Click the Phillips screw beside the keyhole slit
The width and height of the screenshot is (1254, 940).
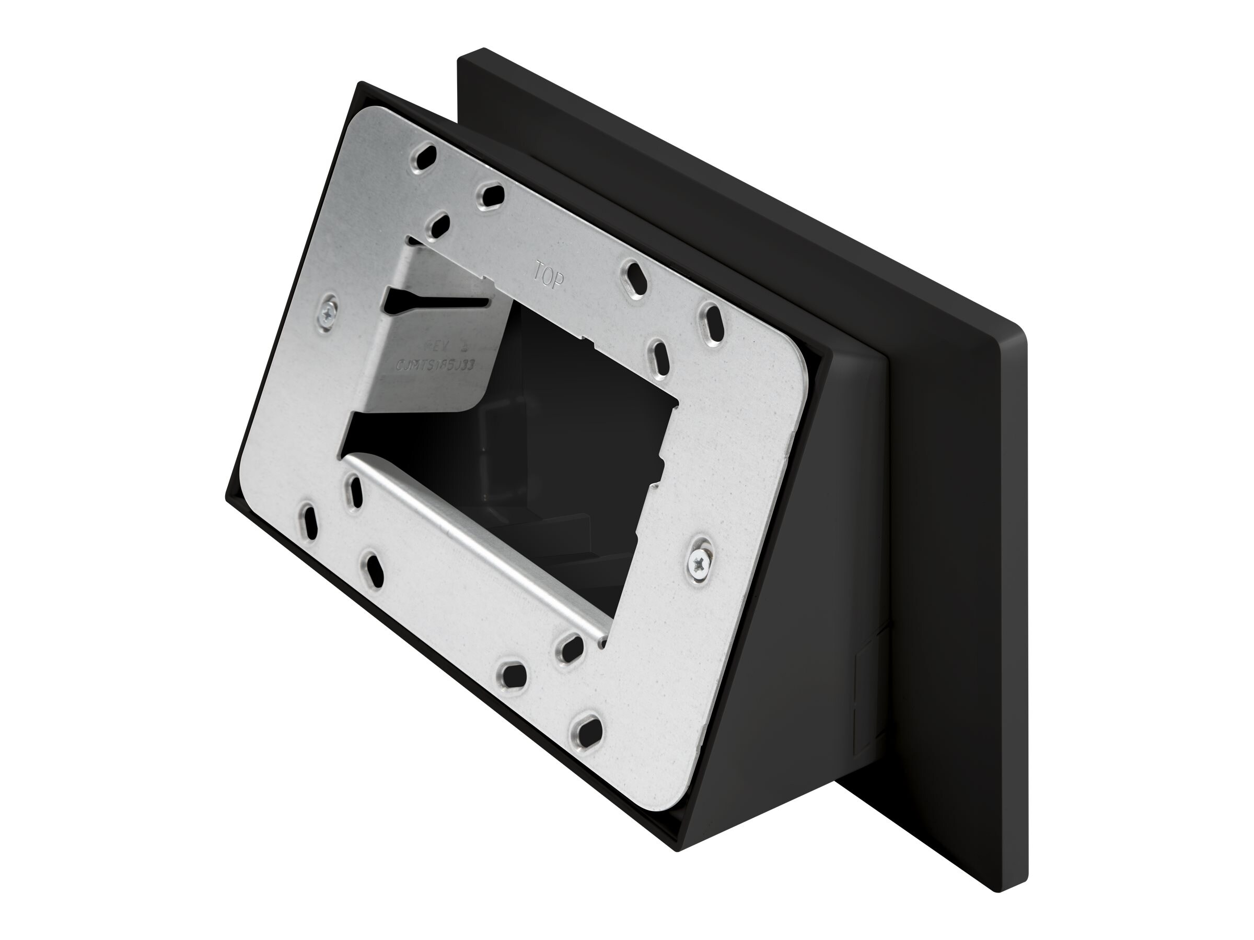click(x=328, y=311)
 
